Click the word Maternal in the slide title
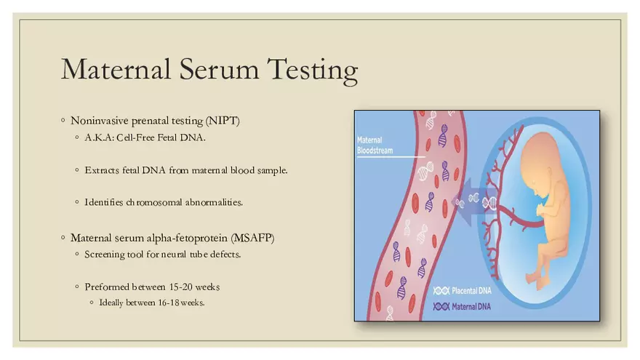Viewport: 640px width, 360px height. click(109, 70)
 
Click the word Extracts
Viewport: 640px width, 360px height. click(102, 170)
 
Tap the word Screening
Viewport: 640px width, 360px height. click(105, 254)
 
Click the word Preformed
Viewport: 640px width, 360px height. click(106, 287)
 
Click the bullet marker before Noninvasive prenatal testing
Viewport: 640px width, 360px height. click(63, 120)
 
